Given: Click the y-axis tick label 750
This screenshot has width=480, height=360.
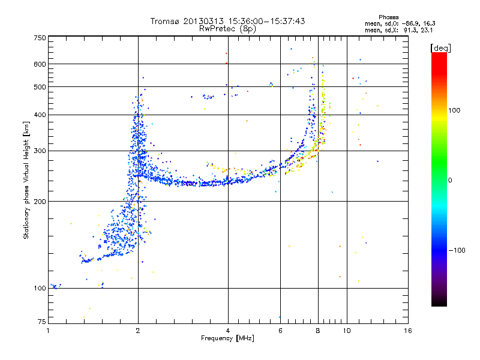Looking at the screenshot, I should [40, 37].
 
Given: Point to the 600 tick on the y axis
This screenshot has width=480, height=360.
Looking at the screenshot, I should [40, 64].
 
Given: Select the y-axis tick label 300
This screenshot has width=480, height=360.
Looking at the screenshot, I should [40, 151].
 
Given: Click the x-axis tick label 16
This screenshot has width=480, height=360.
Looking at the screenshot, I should [407, 331].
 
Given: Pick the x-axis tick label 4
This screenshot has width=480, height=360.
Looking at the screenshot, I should [228, 331].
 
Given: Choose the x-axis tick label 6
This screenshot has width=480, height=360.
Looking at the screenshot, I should [280, 331].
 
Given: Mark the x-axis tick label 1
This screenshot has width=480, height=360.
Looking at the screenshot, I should [48, 331].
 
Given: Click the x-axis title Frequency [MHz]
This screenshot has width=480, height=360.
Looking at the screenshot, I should [227, 338].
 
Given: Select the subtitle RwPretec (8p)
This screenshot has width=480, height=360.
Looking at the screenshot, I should [227, 28].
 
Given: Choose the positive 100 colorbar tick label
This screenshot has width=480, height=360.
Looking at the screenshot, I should [454, 110].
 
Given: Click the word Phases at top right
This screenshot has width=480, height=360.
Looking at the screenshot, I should [389, 16].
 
